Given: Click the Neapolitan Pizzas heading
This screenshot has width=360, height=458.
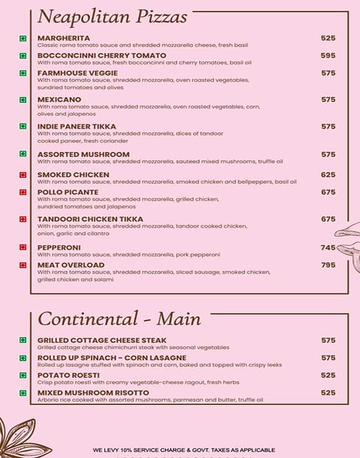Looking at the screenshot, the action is click(x=112, y=16).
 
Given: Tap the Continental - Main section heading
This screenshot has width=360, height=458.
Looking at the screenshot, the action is click(x=119, y=319).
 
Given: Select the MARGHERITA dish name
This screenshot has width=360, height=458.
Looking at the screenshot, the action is click(x=63, y=38).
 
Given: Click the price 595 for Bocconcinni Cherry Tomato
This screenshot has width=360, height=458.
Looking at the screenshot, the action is click(x=328, y=56).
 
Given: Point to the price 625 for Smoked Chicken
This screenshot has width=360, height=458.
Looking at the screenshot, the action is click(x=328, y=175).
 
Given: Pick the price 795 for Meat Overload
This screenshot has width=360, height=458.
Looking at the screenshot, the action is click(x=328, y=265).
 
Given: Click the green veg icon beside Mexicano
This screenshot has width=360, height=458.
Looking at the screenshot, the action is click(x=23, y=100).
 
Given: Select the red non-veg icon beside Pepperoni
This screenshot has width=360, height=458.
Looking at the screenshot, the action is click(x=23, y=248).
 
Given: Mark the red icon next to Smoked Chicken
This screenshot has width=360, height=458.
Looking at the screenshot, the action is click(x=23, y=175).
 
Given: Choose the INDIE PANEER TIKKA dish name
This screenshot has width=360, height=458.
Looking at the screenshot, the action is click(x=77, y=126).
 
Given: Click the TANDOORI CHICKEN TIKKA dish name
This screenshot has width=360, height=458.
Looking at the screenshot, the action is click(x=90, y=219).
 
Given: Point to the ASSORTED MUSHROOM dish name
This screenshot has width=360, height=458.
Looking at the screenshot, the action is click(x=83, y=154).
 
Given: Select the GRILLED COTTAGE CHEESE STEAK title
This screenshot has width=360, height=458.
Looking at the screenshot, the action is click(x=101, y=340).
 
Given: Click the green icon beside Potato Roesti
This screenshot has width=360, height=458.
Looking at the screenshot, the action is click(x=23, y=376).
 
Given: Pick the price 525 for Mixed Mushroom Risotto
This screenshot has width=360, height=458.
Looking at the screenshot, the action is click(x=328, y=393).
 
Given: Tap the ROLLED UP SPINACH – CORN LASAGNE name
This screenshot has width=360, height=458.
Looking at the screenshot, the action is click(x=111, y=358).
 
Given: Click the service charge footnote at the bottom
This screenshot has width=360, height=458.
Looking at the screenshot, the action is click(x=183, y=450).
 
